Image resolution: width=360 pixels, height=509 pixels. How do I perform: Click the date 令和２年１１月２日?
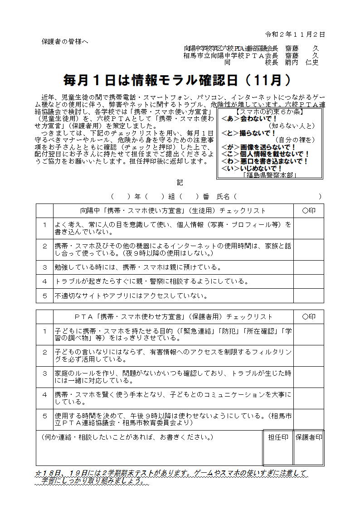(295, 34)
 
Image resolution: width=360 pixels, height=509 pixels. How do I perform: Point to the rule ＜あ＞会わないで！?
(249, 118)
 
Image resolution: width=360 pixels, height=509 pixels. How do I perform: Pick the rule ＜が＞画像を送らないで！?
(258, 147)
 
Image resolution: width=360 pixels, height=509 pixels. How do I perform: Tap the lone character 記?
(180, 182)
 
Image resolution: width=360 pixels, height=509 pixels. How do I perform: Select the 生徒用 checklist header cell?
(173, 211)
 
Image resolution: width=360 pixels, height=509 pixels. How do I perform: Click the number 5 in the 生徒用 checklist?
(45, 296)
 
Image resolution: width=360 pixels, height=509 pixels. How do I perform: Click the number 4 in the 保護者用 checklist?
(45, 394)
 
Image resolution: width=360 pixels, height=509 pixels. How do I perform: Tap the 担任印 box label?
(278, 437)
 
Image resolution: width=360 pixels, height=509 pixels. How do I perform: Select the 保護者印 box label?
(308, 437)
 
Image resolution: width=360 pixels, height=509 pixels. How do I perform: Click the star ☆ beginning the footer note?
(39, 473)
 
